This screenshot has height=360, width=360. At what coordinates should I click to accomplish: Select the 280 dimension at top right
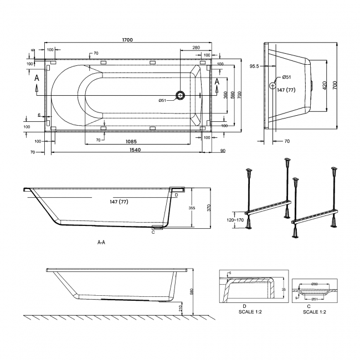pyautogui.click(x=196, y=48)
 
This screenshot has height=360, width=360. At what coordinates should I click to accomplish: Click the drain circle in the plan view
pyautogui.click(x=180, y=95)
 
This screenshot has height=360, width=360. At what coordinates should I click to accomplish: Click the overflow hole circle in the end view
pyautogui.click(x=272, y=85)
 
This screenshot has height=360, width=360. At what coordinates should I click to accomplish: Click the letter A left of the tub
pyautogui.click(x=37, y=79)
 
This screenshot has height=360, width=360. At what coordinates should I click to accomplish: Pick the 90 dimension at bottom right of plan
pyautogui.click(x=222, y=150)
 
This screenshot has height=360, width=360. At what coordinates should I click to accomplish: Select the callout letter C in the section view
pyautogui.click(x=152, y=232)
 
